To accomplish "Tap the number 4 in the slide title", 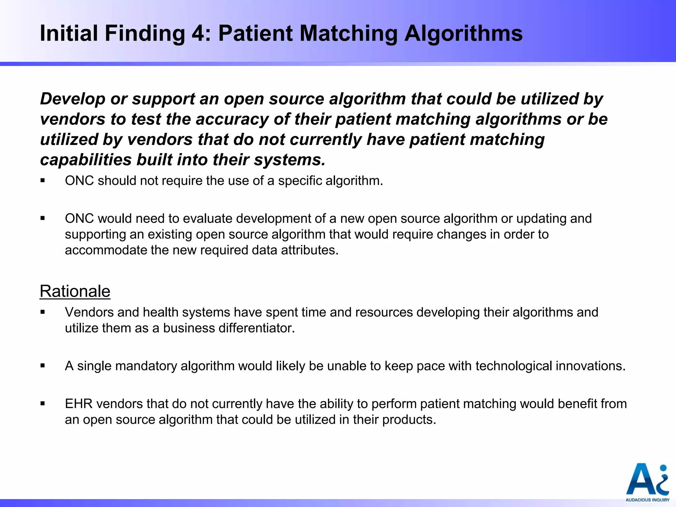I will coord(198,33).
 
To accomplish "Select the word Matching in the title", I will coord(349,33).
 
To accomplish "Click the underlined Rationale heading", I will coord(75,291).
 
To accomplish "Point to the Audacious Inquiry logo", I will coord(647,482).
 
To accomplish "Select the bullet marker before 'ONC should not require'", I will coord(43,181).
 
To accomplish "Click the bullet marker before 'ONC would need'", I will coord(43,218).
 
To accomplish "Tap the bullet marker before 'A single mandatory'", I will coord(43,366).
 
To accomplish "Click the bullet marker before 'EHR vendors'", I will coord(43,403).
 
